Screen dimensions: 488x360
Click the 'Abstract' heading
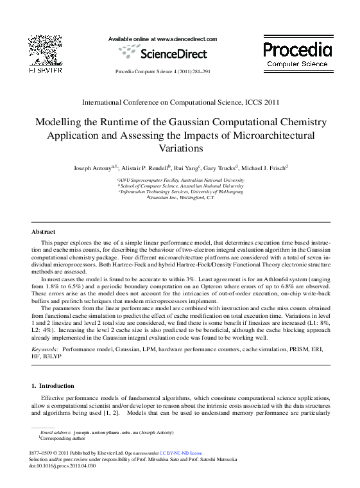click(x=44, y=231)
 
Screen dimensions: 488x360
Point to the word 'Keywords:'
click(x=45, y=349)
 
